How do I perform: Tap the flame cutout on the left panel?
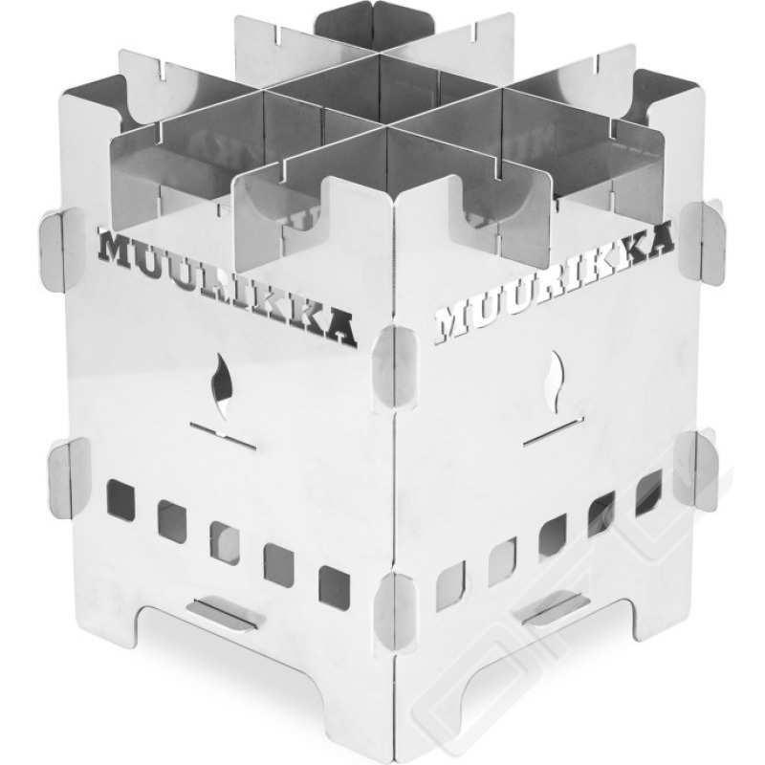221,386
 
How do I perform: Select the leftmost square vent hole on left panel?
120,498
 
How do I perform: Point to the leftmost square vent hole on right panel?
449,586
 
